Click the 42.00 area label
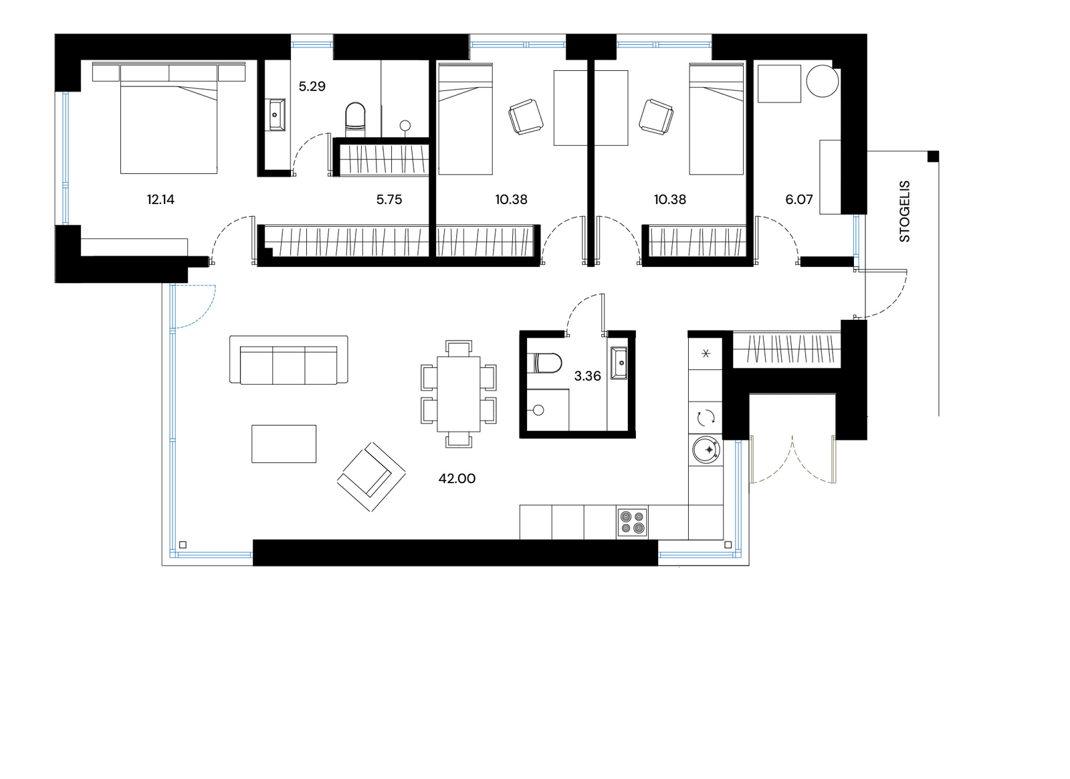pyautogui.click(x=457, y=479)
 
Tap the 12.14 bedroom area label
pyautogui.click(x=160, y=199)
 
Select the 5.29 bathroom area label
pyautogui.click(x=312, y=86)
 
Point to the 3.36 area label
pyautogui.click(x=588, y=376)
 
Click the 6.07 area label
pyautogui.click(x=799, y=199)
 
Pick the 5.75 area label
pyautogui.click(x=389, y=199)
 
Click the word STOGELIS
pyautogui.click(x=905, y=211)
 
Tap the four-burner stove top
pyautogui.click(x=632, y=523)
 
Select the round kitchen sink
pyautogui.click(x=706, y=451)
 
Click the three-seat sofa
pyautogui.click(x=288, y=359)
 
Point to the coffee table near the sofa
pyautogui.click(x=284, y=444)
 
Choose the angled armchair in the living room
pyautogui.click(x=371, y=477)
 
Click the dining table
pyautogui.click(x=459, y=394)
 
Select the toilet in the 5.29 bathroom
pyautogui.click(x=355, y=116)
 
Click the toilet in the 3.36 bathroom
pyautogui.click(x=544, y=364)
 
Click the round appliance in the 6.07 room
pyautogui.click(x=822, y=81)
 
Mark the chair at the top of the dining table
pyautogui.click(x=459, y=348)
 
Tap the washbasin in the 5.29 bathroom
pyautogui.click(x=277, y=114)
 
